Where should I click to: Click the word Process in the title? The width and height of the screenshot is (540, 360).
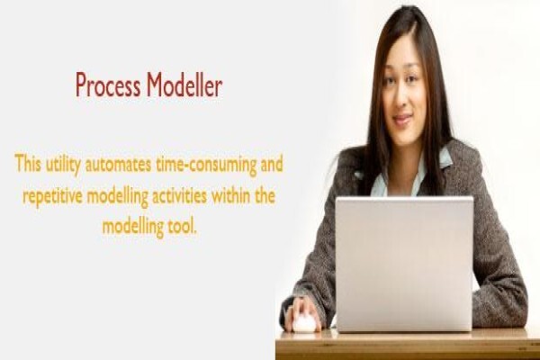click(x=108, y=85)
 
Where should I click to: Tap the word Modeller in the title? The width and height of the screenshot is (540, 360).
click(x=184, y=85)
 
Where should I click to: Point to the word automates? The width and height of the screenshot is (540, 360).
click(x=118, y=165)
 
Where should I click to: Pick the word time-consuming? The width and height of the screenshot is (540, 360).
click(x=206, y=166)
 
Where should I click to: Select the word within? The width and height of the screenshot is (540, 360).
click(x=230, y=195)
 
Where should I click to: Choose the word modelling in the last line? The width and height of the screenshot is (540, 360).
click(x=132, y=228)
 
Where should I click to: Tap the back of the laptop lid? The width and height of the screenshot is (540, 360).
click(x=404, y=265)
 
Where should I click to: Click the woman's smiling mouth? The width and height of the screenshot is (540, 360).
click(x=402, y=119)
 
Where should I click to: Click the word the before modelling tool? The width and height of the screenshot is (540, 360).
click(x=265, y=195)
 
